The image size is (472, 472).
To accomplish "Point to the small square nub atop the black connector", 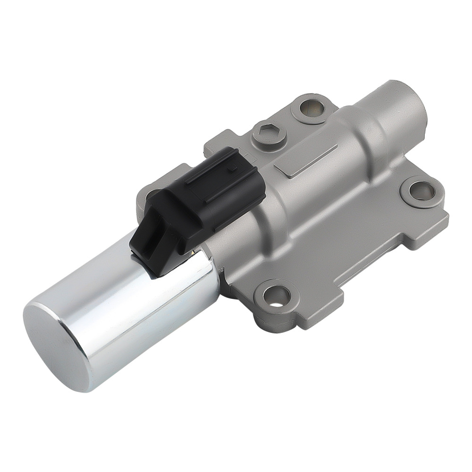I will (x=231, y=168).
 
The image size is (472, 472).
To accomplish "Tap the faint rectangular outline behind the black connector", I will (x=250, y=158).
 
